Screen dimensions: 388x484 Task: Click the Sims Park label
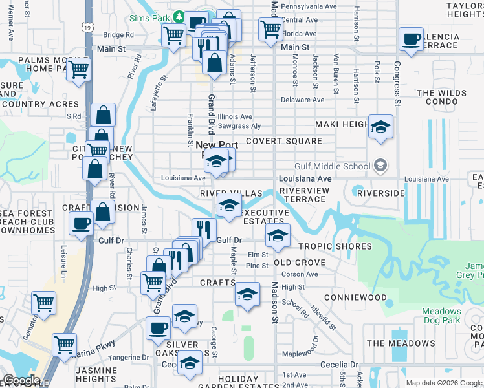[148, 18]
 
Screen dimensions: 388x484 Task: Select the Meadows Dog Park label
[442, 316]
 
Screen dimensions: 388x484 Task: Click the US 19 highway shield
[87, 27]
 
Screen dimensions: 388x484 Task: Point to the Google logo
[21, 380]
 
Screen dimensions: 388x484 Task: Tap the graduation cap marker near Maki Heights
[380, 126]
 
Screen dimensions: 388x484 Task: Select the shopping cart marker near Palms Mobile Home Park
[79, 69]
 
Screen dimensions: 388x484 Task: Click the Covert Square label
[283, 141]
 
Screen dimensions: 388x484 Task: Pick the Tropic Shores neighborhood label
[335, 246]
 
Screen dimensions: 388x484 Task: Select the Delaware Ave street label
[303, 100]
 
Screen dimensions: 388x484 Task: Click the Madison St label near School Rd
[274, 303]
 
